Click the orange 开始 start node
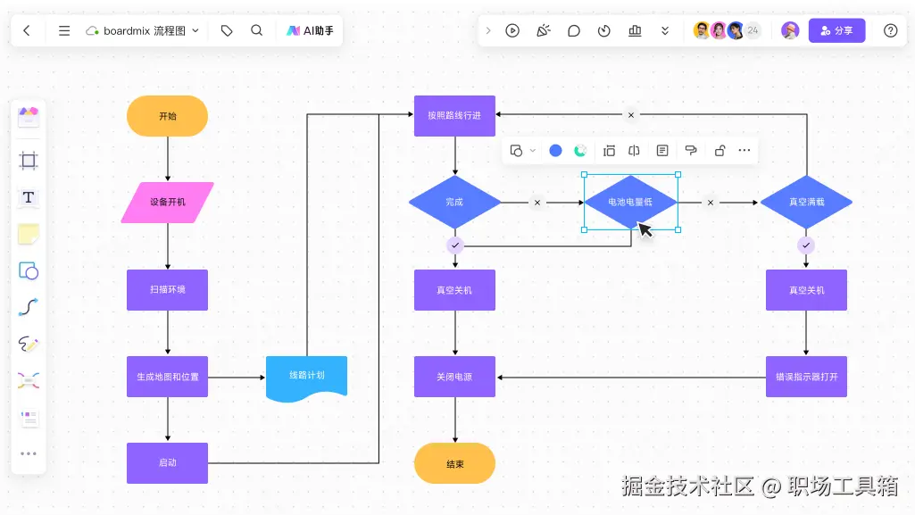click(x=167, y=116)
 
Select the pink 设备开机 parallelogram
click(x=168, y=203)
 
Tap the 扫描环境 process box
click(x=168, y=290)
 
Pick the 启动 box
click(x=168, y=463)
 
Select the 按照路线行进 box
click(x=454, y=116)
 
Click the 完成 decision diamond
click(x=454, y=203)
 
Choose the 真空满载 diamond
click(x=806, y=203)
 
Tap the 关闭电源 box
click(x=454, y=377)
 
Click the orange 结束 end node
click(x=454, y=463)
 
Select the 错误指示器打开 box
click(x=806, y=377)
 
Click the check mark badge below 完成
click(x=455, y=245)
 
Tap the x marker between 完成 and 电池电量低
click(x=537, y=203)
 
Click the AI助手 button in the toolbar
click(x=310, y=31)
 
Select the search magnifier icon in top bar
click(x=257, y=30)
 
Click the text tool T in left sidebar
click(x=28, y=198)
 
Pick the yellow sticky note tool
click(x=29, y=235)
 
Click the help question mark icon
click(x=891, y=30)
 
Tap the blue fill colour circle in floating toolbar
click(x=555, y=151)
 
